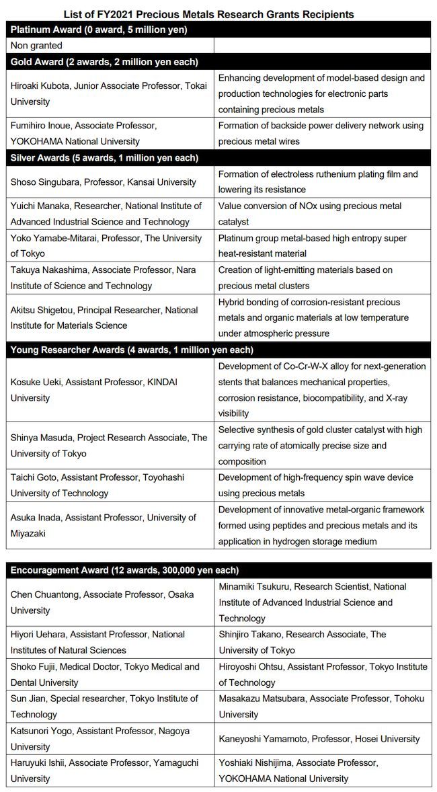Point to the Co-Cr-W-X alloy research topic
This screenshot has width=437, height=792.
pos(322,390)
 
